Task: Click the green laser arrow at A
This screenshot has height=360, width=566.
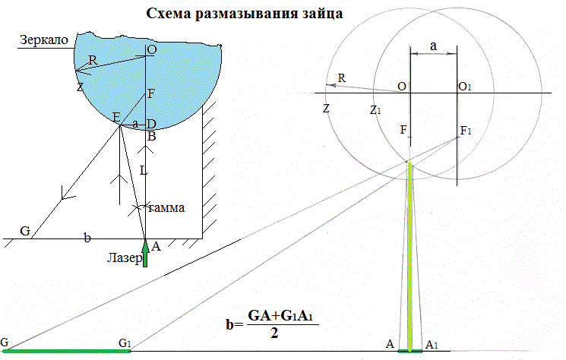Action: [146, 253]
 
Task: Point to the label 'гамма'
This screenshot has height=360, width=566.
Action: [166, 207]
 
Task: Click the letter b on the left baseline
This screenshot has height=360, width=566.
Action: [87, 238]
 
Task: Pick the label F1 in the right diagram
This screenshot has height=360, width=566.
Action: [466, 132]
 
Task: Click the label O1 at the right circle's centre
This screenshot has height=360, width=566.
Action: [466, 87]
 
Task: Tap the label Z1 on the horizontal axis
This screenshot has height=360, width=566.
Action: [375, 110]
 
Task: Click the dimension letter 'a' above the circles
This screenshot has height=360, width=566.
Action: [433, 46]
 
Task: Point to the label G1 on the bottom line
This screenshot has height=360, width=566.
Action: [125, 343]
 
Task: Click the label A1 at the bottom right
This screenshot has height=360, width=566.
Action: [432, 344]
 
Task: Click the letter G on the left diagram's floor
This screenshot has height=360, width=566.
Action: [25, 231]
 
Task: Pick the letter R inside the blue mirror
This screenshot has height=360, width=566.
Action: [93, 60]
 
